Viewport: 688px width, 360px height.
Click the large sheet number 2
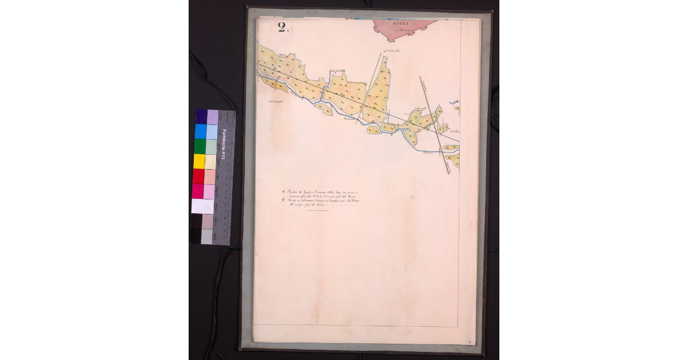click(282, 28)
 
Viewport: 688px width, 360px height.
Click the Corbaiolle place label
click(421, 109)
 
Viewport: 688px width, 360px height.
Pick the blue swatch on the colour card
click(201, 132)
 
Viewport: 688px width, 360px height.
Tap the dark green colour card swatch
click(200, 147)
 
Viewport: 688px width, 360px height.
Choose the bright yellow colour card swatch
click(200, 162)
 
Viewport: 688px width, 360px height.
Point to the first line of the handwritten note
click(323, 192)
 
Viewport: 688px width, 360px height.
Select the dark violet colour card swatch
click(201, 117)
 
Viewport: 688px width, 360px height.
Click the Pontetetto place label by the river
click(350, 119)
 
